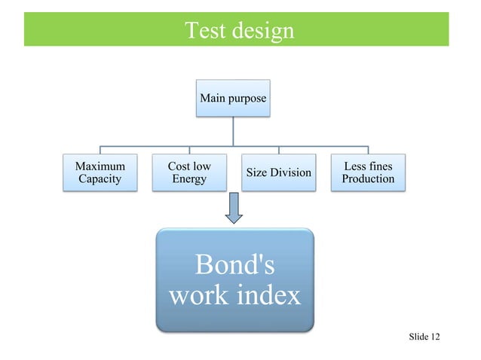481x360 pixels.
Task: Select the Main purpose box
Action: tap(232, 98)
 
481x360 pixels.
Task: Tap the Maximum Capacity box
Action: tap(100, 172)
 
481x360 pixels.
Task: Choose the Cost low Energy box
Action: tap(189, 172)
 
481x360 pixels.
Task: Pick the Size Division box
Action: tap(279, 172)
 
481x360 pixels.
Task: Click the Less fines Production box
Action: tap(368, 172)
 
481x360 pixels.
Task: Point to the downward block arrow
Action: tap(234, 208)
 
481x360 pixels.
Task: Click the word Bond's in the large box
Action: tap(234, 265)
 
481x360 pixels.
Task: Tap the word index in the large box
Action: tap(268, 294)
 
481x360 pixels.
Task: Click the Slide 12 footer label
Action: tap(424, 336)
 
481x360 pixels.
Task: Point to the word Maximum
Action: tap(100, 166)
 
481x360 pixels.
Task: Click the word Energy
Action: tap(189, 179)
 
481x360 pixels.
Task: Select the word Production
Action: tap(368, 179)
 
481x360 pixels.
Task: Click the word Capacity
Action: tap(100, 179)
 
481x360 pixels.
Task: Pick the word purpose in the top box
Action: tap(247, 99)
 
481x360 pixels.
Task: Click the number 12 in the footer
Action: tap(435, 336)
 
